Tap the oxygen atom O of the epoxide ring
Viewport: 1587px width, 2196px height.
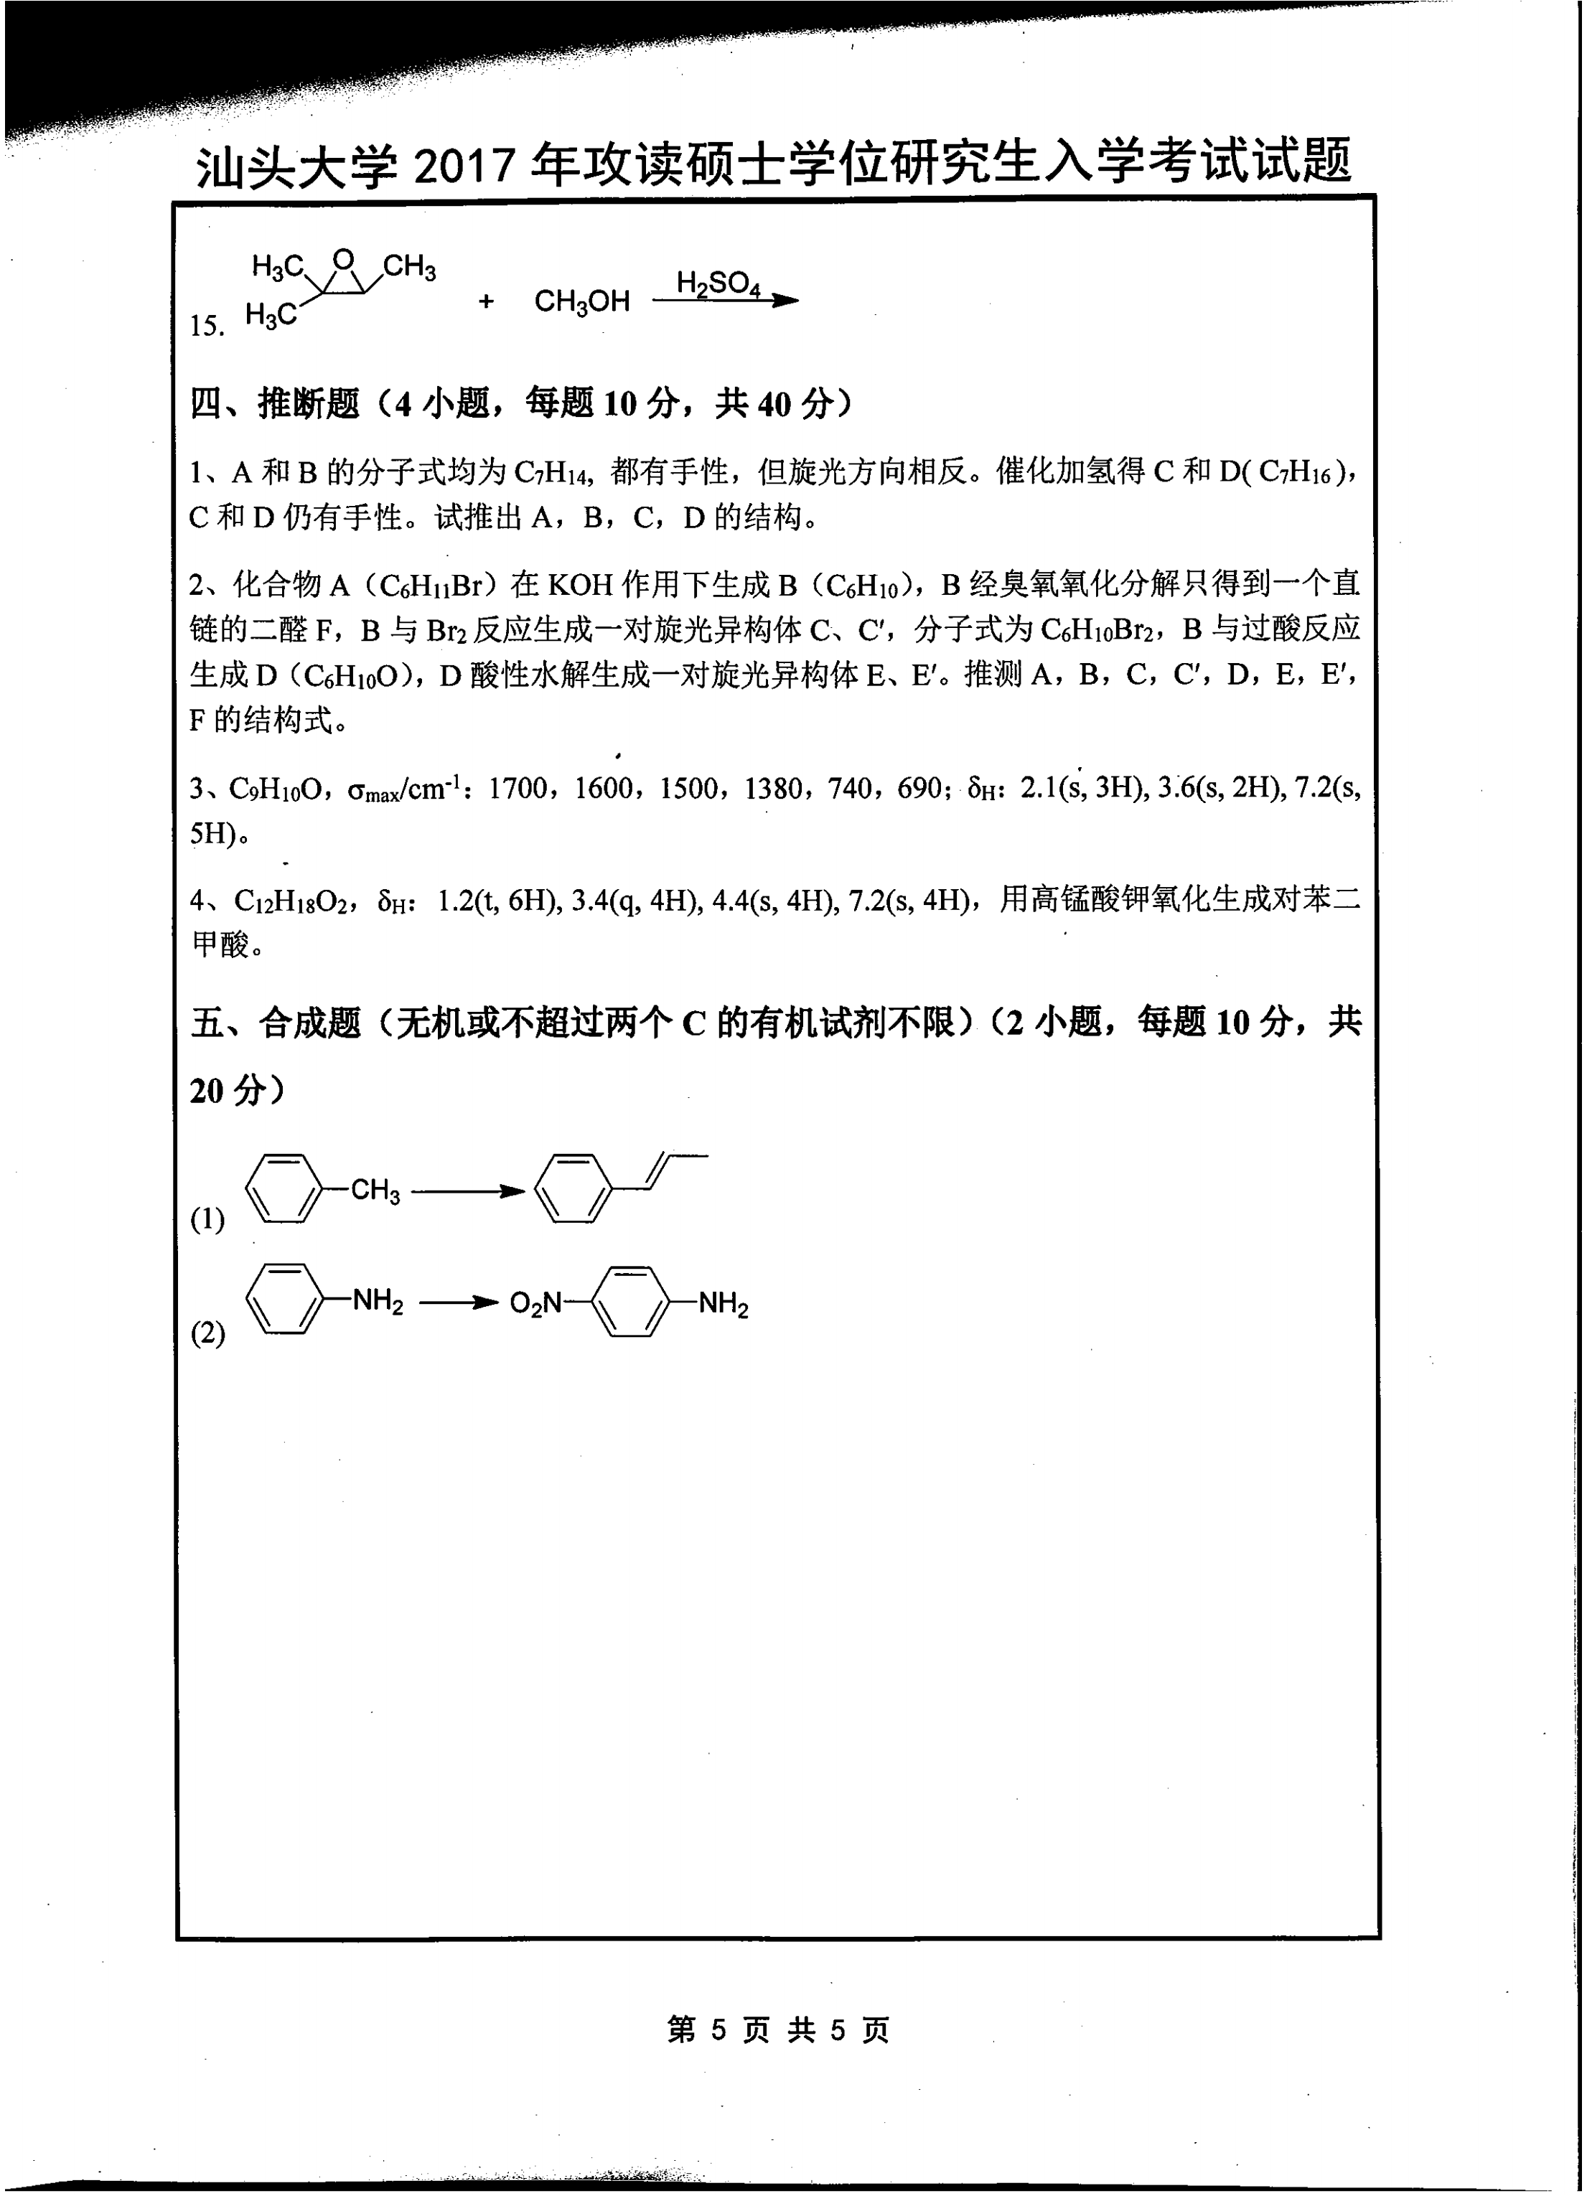(x=344, y=261)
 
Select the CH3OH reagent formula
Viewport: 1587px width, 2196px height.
(x=582, y=302)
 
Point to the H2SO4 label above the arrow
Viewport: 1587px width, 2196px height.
(x=718, y=283)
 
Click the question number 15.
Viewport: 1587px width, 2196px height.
(x=207, y=327)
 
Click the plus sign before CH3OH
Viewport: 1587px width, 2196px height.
(x=486, y=302)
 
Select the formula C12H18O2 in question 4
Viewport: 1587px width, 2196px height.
(x=295, y=901)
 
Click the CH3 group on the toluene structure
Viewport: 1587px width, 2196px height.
(x=375, y=1190)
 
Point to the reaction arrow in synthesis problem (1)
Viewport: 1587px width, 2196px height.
(x=468, y=1192)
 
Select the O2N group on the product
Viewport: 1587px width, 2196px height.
(x=535, y=1304)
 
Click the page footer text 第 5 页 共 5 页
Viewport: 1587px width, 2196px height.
(x=777, y=2030)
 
